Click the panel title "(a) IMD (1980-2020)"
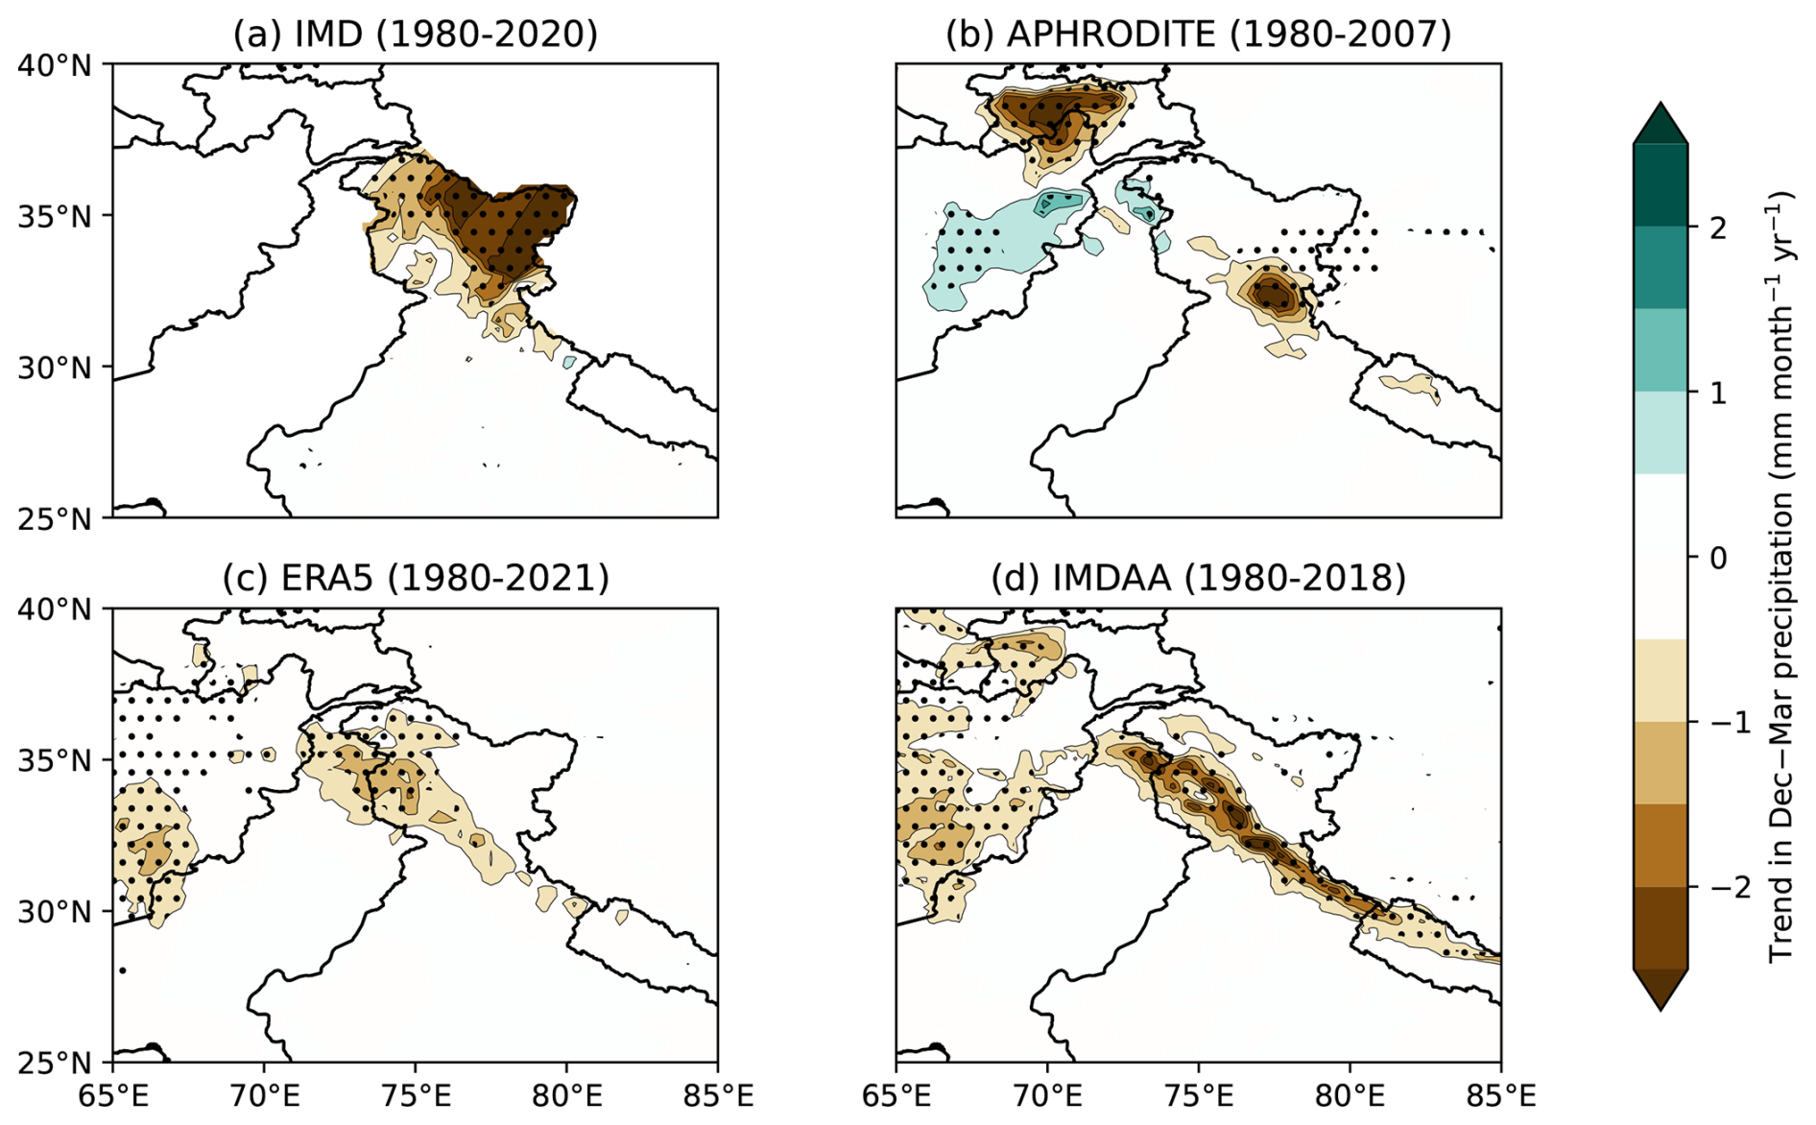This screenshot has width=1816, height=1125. point(415,34)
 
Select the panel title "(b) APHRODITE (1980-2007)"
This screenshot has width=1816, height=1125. point(1198,34)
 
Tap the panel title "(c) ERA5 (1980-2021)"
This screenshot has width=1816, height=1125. point(415,578)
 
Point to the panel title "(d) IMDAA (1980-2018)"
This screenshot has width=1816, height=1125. point(1198,578)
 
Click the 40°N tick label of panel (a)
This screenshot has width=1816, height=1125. point(55,65)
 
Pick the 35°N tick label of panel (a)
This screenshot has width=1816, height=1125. point(55,216)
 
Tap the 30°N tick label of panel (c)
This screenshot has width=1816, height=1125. point(55,911)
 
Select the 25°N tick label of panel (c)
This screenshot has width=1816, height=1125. point(55,1063)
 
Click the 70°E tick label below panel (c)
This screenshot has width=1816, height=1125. point(264,1095)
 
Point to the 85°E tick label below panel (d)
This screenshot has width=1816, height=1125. point(1500,1095)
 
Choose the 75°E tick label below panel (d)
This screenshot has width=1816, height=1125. point(1198,1095)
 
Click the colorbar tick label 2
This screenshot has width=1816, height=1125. point(1717,227)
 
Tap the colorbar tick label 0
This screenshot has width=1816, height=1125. point(1717,558)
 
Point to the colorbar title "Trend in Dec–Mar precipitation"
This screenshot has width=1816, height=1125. point(1781,576)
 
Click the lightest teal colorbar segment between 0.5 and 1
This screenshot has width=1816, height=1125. point(1660,433)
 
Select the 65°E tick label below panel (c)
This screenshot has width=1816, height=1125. point(113,1095)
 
